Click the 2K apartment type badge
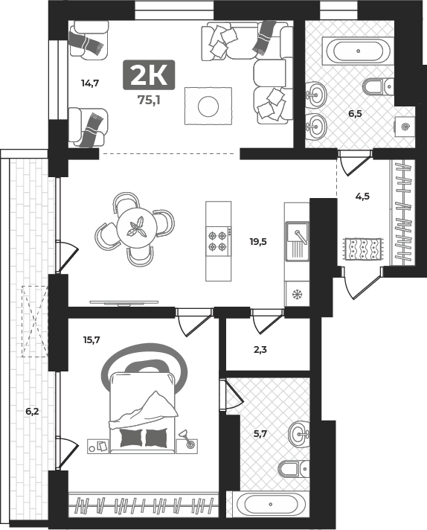[149, 75]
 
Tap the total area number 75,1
[149, 100]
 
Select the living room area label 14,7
[90, 83]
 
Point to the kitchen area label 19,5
[258, 241]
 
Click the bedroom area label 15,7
[91, 339]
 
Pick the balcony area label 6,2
[33, 412]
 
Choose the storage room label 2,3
[260, 350]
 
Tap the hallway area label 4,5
[362, 196]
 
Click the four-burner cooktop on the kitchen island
[219, 241]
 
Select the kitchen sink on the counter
[297, 241]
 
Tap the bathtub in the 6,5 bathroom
[358, 51]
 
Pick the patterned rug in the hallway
[364, 249]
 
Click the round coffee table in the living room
[208, 106]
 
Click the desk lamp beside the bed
[187, 439]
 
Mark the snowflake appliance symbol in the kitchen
[297, 294]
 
